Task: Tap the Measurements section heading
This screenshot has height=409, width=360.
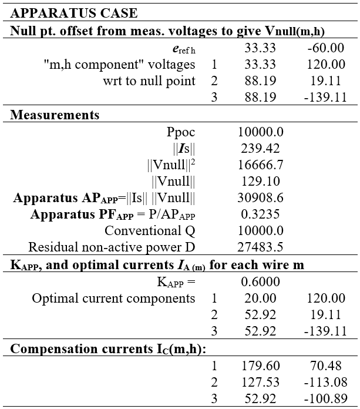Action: pos(55,115)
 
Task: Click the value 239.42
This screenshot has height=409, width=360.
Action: pos(260,149)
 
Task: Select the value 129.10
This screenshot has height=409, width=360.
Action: pos(260,182)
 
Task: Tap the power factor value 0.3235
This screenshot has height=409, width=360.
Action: pos(260,214)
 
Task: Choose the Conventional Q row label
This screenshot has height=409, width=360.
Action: pos(149,230)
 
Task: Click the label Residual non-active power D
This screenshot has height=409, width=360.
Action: pos(112,247)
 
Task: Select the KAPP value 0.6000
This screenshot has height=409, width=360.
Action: pos(260,281)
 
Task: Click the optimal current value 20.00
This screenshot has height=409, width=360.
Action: pos(260,298)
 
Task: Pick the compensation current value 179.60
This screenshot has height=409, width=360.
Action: pos(260,367)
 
